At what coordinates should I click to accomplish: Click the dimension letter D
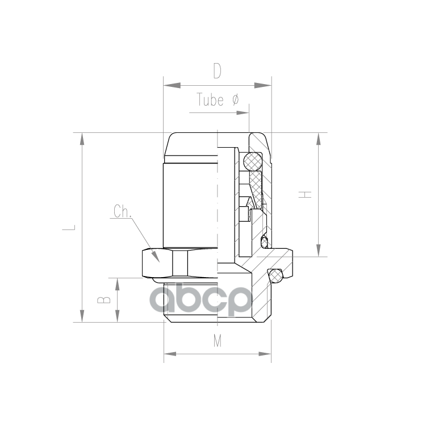pyautogui.click(x=217, y=72)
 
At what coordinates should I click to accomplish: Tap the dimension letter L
pyautogui.click(x=70, y=227)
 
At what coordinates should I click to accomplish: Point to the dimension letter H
pyautogui.click(x=306, y=194)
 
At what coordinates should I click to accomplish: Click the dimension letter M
pyautogui.click(x=218, y=341)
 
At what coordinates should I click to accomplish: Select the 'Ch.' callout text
pyautogui.click(x=122, y=212)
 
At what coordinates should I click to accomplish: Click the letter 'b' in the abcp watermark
pyautogui.click(x=187, y=298)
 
